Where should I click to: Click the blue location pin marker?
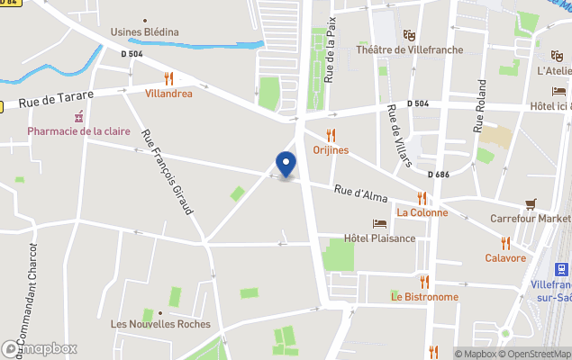point(286,165)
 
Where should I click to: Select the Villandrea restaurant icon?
point(168,78)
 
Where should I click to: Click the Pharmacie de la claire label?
point(78,131)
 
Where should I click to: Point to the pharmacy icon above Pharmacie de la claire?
point(79,116)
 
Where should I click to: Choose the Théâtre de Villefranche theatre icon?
point(410,35)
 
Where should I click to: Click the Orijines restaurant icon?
point(331,135)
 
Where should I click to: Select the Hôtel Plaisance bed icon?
point(379,223)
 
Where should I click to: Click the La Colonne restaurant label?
point(422,212)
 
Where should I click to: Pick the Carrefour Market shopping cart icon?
point(531,204)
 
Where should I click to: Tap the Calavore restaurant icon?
point(505,243)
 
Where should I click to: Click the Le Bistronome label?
point(424,297)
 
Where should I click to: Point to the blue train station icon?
point(562,268)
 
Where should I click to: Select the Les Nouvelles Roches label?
point(160,324)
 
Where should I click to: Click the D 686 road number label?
point(438,174)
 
